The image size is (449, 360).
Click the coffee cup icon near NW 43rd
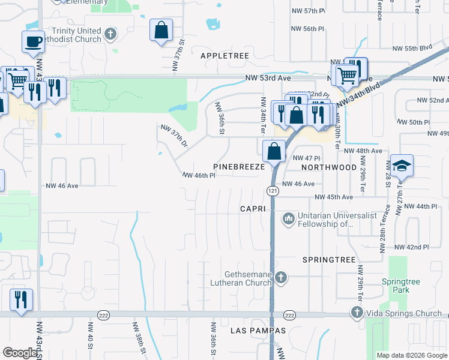34,42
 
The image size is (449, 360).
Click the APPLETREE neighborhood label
224,55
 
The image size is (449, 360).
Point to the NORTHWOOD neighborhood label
325,167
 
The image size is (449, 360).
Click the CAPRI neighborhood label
253,208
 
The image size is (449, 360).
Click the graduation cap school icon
402,166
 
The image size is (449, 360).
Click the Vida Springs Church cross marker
357,313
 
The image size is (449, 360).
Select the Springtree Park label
396,286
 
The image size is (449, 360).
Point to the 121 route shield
273,190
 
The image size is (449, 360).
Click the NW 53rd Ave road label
268,78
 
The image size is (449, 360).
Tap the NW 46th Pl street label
199,175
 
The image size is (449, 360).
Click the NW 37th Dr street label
175,136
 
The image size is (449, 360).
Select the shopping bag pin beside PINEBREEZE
274,151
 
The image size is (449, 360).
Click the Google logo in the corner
20,353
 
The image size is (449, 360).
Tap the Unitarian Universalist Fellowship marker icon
289,218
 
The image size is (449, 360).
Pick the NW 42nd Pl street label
411,247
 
